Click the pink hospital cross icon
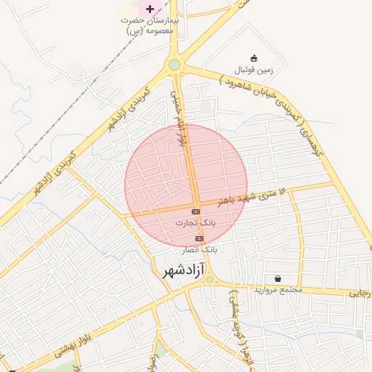[150, 9]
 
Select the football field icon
[254, 59]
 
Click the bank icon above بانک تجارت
[195, 211]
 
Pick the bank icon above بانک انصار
[199, 238]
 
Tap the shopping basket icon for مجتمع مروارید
[278, 279]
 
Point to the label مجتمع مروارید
[277, 291]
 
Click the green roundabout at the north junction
[174, 65]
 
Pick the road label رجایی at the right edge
[361, 292]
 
